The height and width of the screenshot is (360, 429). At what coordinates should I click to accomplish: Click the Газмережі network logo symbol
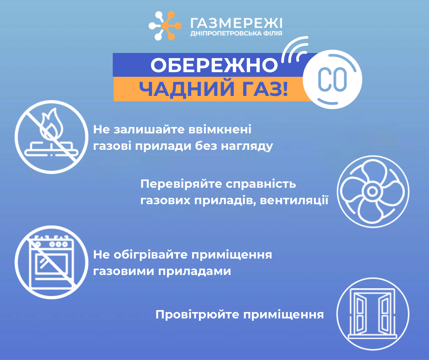(165, 26)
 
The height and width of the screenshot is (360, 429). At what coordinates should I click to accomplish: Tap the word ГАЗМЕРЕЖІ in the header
(236, 23)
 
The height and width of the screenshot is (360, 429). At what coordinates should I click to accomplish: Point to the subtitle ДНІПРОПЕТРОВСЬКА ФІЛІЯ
(236, 34)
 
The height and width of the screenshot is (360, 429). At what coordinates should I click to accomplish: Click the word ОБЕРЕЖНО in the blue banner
(214, 65)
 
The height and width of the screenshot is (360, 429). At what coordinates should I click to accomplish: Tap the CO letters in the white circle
(332, 80)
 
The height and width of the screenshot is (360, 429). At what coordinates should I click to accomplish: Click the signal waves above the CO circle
(295, 49)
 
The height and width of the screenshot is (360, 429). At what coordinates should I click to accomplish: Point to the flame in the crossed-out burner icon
(52, 123)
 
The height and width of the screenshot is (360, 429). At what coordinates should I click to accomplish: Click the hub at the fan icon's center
(372, 191)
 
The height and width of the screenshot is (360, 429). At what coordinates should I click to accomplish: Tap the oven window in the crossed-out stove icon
(52, 264)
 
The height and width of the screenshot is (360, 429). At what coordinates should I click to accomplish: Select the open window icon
(373, 314)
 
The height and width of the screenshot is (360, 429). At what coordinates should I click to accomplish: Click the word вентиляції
(294, 201)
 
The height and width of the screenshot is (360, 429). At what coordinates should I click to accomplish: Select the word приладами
(194, 271)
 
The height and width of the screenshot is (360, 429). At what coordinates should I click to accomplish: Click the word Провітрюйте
(197, 314)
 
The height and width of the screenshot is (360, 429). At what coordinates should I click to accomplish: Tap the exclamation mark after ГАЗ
(285, 90)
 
